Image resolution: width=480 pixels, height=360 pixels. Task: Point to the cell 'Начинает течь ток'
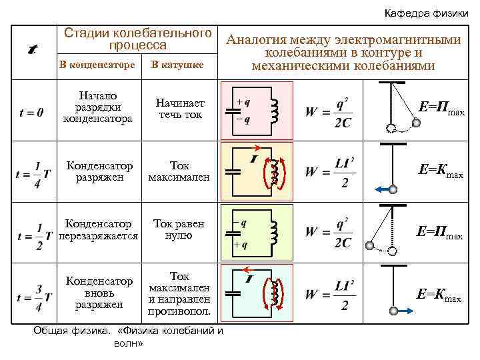pos(180,109)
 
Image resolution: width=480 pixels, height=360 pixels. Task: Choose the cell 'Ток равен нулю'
pos(179,229)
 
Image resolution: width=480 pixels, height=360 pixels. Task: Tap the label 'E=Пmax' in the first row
pos(441,109)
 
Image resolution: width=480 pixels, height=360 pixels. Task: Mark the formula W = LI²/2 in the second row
pos(329,171)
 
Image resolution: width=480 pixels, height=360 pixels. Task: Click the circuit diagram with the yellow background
pos(256,172)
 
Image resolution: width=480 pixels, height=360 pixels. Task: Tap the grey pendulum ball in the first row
pos(416,122)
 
